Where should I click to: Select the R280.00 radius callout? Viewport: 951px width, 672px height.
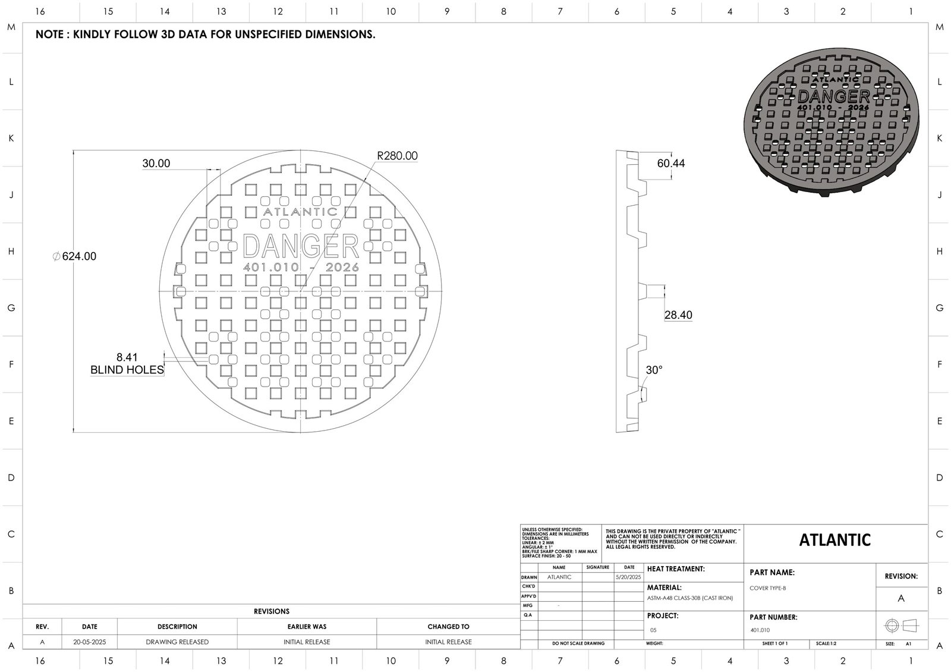[397, 156]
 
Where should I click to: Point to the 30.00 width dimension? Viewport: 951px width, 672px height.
[156, 164]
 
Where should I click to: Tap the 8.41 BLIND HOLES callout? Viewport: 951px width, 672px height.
[127, 363]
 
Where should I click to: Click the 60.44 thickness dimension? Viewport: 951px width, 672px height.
[670, 164]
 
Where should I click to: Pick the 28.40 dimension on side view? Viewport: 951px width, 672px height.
[678, 315]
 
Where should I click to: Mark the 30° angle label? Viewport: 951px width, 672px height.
[654, 370]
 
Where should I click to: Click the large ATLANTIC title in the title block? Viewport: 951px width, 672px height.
[835, 540]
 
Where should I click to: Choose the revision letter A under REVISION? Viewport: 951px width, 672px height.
[901, 598]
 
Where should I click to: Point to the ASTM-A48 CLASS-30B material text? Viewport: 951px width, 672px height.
[689, 598]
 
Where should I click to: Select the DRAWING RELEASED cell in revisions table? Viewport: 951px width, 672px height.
[177, 642]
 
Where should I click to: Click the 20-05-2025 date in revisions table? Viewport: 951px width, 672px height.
[90, 642]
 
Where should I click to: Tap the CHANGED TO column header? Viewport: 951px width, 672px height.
[448, 627]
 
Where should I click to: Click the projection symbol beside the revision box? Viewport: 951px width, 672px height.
[901, 626]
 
